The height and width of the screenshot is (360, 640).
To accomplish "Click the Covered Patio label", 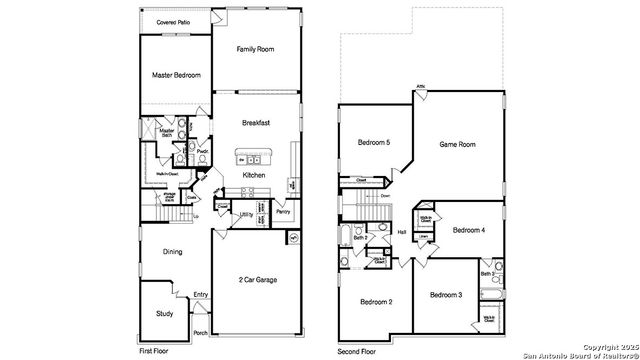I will pos(173,21).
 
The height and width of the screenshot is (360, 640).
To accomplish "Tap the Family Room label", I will pos(255,49).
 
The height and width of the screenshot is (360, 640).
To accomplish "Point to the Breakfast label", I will pos(257,123).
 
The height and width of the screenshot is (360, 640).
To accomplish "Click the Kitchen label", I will pos(254,175).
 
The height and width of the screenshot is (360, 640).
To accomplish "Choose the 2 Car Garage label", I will pos(259,280).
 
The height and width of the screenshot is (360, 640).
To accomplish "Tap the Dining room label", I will pos(172,251).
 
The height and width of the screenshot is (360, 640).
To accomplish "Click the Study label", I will pos(165,314).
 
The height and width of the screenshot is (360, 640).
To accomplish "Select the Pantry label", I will pos(283,212).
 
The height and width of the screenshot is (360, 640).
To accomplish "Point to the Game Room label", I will pos(458,145).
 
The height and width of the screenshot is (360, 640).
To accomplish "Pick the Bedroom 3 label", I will pos(446,295).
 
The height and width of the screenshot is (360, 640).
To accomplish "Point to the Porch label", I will pos(200,333).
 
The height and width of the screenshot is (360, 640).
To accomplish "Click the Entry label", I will pos(201,294).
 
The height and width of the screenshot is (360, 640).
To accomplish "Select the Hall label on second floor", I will pos(401,232).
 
